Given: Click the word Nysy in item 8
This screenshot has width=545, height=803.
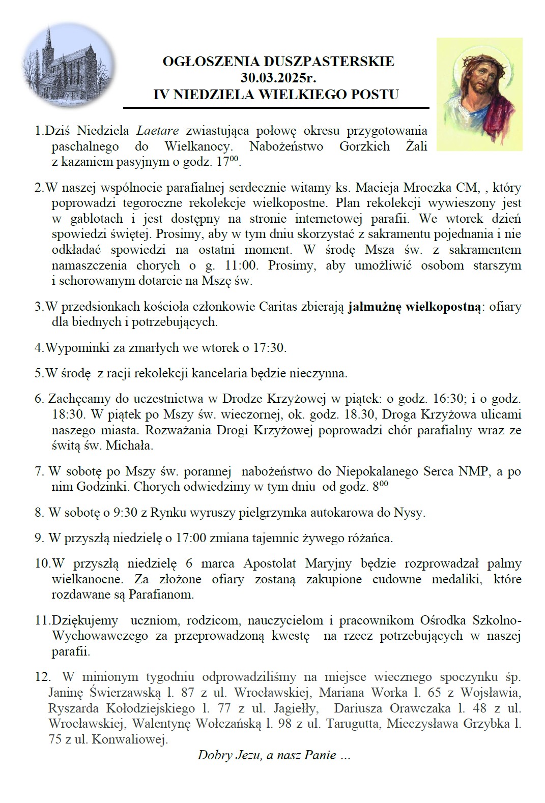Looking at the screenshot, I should (x=410, y=512).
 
